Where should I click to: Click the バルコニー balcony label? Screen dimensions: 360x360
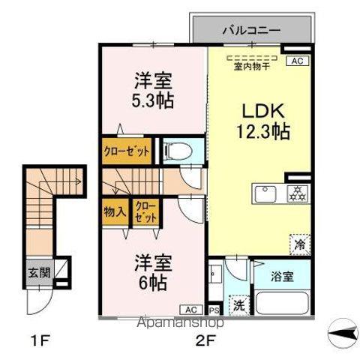point(251,31)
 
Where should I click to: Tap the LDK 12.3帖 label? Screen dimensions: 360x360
point(263,121)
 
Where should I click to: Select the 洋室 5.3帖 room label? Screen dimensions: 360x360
point(153,90)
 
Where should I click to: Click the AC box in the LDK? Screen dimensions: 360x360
point(298,61)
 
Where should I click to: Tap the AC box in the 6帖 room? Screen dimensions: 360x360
point(191,310)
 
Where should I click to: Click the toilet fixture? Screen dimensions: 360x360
point(178,151)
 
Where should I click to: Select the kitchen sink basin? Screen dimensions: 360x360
point(265,194)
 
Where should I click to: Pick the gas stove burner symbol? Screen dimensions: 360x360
point(298,193)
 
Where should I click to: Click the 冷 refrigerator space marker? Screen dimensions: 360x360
point(300,244)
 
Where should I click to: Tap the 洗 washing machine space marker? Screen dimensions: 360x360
point(239,305)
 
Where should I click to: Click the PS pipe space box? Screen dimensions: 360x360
point(214,310)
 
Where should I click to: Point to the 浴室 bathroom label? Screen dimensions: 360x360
point(282,277)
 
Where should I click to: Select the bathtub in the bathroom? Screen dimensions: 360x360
point(283,303)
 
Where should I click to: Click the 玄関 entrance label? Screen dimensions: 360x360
point(39,272)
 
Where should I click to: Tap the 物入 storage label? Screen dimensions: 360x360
point(115,212)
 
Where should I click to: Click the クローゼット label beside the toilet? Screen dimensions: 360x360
point(127,151)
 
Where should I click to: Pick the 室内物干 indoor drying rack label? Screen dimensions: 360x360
point(252,67)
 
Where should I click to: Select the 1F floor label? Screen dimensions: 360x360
point(40,341)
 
